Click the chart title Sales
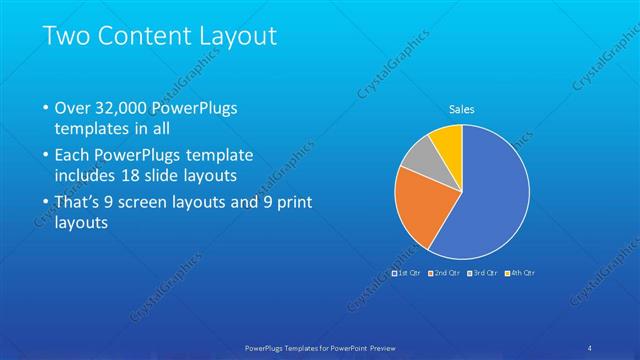tap(461, 109)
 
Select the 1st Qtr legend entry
tap(407, 272)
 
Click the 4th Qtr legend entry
tap(520, 272)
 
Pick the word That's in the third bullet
tap(82, 203)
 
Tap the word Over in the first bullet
tap(74, 108)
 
